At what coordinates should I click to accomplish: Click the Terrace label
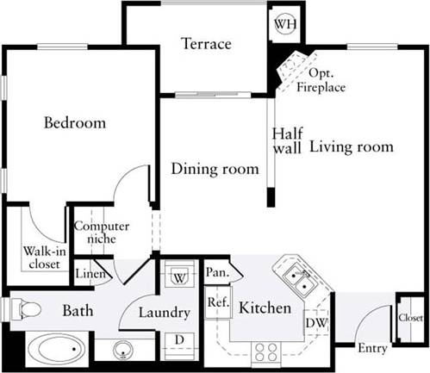click(206, 44)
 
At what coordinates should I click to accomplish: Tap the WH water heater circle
click(284, 24)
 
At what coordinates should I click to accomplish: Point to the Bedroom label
click(75, 123)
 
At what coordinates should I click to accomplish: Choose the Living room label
click(351, 146)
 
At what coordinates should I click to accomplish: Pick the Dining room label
click(214, 169)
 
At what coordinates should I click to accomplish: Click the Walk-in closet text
click(42, 258)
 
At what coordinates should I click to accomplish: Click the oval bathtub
click(53, 350)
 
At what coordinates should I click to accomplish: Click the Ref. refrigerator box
click(215, 302)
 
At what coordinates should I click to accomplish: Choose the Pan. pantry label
click(217, 273)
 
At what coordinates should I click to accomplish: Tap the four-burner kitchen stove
click(265, 351)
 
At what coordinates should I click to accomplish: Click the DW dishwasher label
click(315, 323)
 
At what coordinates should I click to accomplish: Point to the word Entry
click(372, 348)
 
